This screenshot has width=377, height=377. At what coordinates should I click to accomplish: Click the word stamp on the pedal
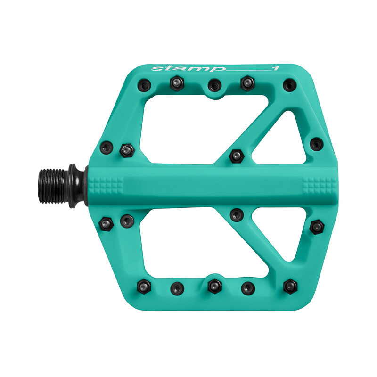188,68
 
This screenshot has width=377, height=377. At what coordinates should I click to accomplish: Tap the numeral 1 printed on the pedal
276,68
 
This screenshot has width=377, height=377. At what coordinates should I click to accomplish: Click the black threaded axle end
52,186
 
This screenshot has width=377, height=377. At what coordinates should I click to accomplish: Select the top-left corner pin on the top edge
145,85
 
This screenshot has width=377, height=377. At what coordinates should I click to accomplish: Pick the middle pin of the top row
214,85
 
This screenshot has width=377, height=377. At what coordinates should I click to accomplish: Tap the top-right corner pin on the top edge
289,85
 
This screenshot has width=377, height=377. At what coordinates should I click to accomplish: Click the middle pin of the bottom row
214,286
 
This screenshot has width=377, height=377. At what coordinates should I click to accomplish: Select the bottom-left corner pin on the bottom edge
144,287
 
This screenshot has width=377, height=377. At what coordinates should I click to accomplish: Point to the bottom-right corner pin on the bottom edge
290,287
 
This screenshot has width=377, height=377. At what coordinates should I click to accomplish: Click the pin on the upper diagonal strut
237,156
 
